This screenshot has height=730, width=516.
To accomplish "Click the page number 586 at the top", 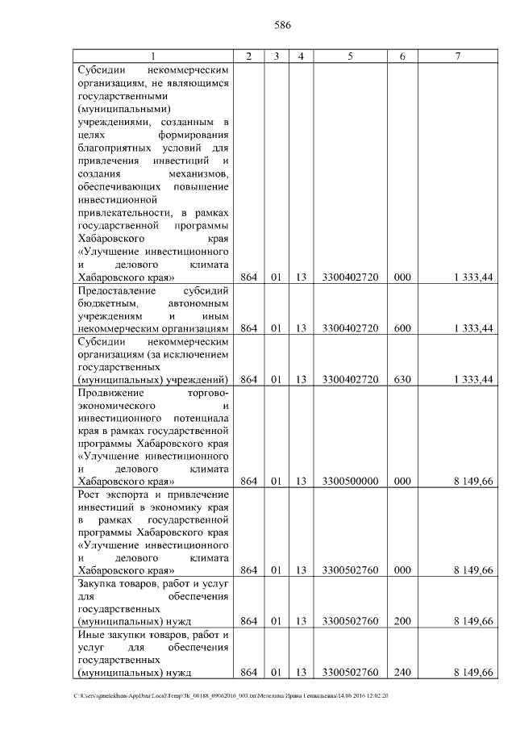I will click(282, 25).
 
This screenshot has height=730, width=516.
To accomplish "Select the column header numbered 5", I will click(350, 56).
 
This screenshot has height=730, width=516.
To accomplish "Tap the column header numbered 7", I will click(457, 56).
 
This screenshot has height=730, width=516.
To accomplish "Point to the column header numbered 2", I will click(248, 56).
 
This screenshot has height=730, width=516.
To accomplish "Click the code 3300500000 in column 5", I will click(350, 482).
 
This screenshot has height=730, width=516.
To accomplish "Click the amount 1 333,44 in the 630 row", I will click(473, 379).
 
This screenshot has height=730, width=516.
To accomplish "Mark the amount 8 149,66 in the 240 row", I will click(473, 672).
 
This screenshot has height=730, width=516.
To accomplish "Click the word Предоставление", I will click(114, 290).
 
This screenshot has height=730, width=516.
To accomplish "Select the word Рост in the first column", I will click(88, 494).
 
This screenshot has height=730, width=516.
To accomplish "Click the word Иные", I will click(90, 634).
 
